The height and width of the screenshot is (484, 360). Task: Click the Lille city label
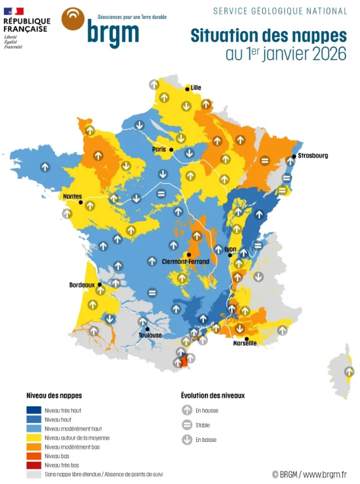[x=196, y=88]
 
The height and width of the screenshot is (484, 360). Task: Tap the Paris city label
[x=159, y=149]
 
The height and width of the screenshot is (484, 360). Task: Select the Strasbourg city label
[x=313, y=156]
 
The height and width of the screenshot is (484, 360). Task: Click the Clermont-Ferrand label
[x=185, y=261]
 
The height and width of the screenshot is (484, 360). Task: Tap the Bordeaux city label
[x=82, y=285]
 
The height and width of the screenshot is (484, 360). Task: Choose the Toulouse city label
[x=150, y=335]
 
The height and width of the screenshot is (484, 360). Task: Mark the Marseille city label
[x=245, y=343]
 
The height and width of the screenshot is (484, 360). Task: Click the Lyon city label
[x=230, y=249]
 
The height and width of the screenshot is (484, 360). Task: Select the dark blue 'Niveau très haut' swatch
[x=35, y=410]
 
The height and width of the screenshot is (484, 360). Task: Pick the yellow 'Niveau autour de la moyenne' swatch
[x=35, y=437]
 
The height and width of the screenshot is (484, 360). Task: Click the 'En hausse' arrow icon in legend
[x=187, y=411]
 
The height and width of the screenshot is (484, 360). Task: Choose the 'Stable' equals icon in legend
[x=187, y=425]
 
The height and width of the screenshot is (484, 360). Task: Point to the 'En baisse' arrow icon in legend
[x=187, y=439]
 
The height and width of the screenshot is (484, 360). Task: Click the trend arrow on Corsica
[x=349, y=371]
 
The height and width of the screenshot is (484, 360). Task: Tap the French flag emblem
[x=13, y=11]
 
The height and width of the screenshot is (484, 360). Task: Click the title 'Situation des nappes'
[x=269, y=35]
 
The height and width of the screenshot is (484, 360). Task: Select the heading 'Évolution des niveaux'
[x=212, y=396]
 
